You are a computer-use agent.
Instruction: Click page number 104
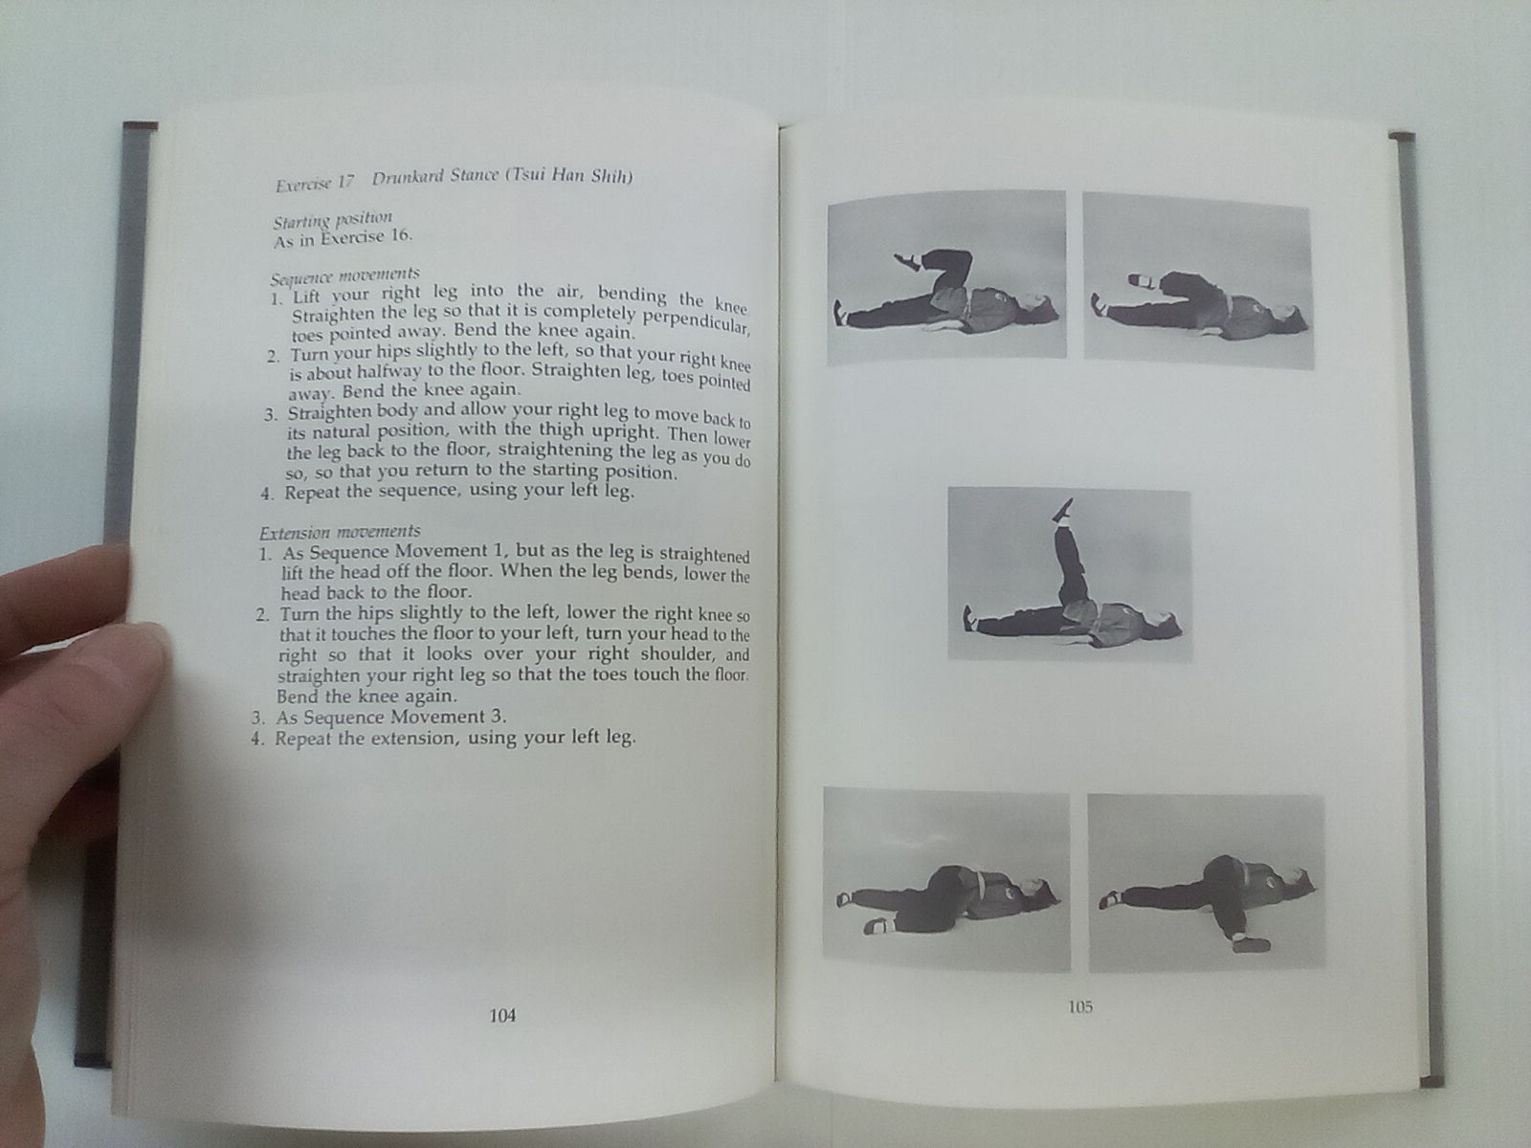tap(502, 1016)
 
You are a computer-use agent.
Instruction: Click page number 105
tap(1079, 1006)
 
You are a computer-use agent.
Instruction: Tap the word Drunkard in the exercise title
tap(408, 178)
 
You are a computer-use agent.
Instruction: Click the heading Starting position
tap(332, 220)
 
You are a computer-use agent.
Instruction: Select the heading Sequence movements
tap(345, 276)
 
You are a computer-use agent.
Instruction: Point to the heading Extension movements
tap(340, 533)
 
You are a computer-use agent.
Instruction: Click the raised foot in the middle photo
tap(1063, 510)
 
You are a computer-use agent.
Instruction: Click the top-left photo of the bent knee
tap(946, 277)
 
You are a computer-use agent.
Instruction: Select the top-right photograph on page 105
tap(1198, 280)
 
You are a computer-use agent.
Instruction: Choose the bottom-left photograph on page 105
tap(946, 879)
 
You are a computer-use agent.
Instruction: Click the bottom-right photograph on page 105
tap(1206, 882)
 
